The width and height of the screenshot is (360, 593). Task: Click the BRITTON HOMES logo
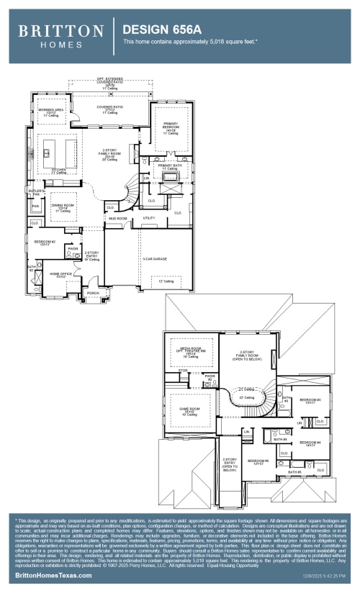(x=60, y=35)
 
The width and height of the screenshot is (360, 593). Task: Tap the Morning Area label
(x=50, y=112)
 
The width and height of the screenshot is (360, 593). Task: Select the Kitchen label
(x=59, y=171)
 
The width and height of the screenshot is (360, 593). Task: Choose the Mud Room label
(x=118, y=218)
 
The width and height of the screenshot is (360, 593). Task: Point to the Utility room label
(x=149, y=217)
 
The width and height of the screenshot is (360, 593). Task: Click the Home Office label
(x=60, y=274)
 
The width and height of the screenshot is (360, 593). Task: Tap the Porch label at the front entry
(x=93, y=293)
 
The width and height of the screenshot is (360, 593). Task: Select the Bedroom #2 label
(x=45, y=243)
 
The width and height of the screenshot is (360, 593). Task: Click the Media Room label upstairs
(x=191, y=352)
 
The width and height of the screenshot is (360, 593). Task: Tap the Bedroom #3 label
(x=310, y=399)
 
